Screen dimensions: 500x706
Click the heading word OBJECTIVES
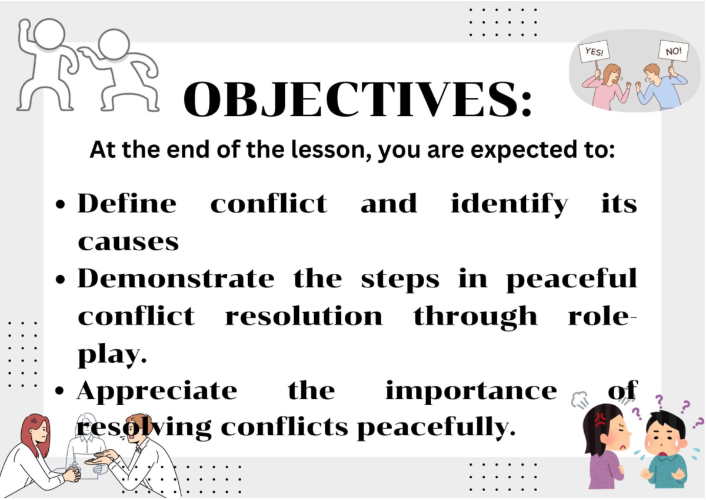pos(357,100)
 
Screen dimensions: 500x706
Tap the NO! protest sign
pos(673,51)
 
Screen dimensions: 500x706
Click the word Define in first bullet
pos(126,204)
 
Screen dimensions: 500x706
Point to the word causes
pos(128,241)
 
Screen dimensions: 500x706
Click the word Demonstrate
pos(175,279)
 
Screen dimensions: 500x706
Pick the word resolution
pos(303,317)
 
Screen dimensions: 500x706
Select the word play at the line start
pos(111,356)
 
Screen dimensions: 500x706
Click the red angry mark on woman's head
pos(600,419)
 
